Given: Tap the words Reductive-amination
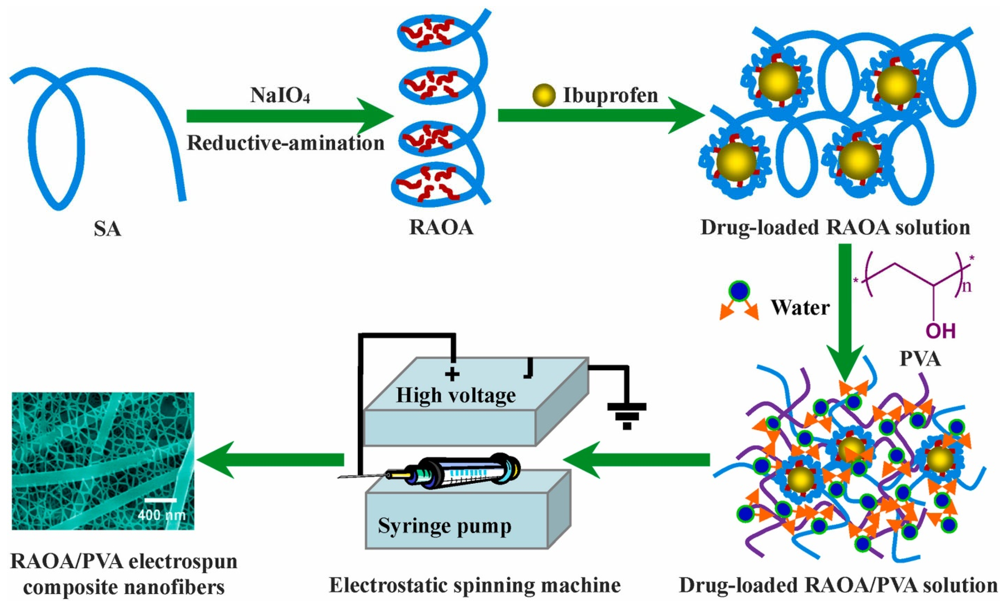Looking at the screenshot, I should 286,144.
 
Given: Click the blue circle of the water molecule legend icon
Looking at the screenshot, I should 739,291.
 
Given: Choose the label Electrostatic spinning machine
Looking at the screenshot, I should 475,586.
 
